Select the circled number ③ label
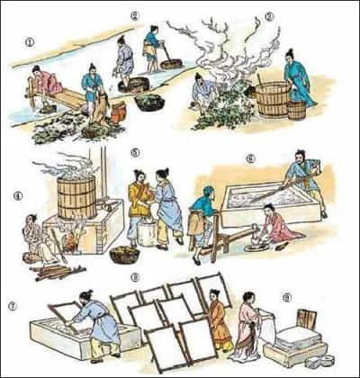269,16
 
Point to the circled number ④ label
18,195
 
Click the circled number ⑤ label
135,153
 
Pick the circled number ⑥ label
249,158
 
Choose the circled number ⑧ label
135,277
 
